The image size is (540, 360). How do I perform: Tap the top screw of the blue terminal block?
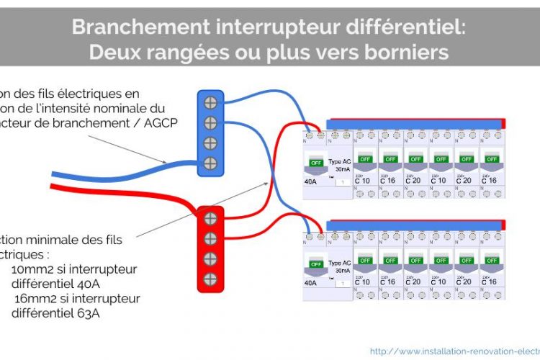tap(211, 102)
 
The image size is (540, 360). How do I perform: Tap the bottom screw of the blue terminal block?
tap(211, 162)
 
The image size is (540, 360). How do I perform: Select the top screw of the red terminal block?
tap(211, 218)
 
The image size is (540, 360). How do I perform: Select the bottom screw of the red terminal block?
tap(211, 279)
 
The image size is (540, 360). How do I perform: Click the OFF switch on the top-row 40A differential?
tap(315, 162)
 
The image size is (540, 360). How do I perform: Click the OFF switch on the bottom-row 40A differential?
tap(315, 264)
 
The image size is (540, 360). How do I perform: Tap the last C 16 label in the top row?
tap(490, 180)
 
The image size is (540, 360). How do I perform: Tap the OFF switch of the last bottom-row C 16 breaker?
tap(491, 260)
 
